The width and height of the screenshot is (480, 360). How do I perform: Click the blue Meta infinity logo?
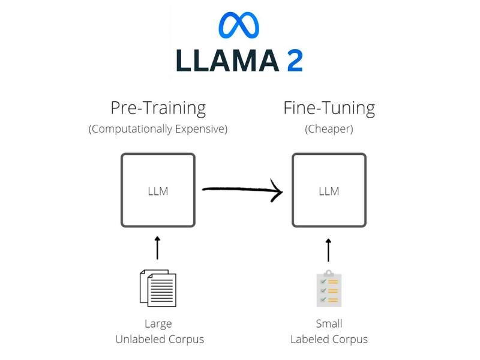point(239,25)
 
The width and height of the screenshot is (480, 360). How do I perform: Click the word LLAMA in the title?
point(226,61)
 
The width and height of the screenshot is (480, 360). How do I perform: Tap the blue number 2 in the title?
point(295,61)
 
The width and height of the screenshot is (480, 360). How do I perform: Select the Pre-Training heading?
point(158,108)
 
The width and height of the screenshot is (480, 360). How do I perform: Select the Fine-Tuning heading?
point(329,108)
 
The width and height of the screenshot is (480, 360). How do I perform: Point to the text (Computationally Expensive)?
point(158,129)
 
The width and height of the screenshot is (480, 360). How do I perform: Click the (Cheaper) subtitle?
point(329,129)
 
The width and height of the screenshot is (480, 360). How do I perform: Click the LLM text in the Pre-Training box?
point(158,191)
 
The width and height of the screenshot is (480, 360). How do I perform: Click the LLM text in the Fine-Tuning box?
point(329,191)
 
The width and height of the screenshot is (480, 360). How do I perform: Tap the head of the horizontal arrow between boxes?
point(277,191)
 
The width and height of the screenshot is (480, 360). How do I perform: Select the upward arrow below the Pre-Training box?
point(158,248)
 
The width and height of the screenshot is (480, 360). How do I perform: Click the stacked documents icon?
point(158,288)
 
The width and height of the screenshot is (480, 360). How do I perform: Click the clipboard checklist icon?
point(329,289)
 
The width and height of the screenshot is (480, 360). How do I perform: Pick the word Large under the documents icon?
point(158,324)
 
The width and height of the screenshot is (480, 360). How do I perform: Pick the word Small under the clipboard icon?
point(329,324)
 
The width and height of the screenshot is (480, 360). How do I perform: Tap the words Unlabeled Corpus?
point(160,339)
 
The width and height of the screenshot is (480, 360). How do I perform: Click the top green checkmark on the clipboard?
point(323,281)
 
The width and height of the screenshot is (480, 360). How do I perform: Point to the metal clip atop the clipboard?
point(329,274)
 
